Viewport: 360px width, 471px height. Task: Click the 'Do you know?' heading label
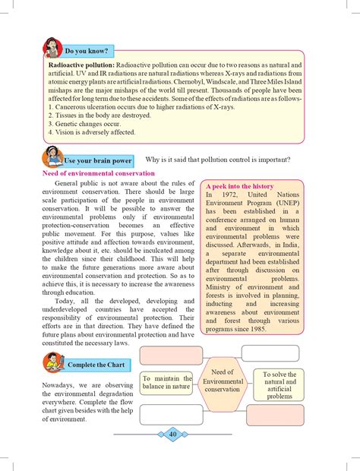[87, 51]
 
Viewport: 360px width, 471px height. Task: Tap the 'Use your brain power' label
[98, 161]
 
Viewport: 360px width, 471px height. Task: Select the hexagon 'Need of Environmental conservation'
[222, 385]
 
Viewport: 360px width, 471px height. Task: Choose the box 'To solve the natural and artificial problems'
[279, 385]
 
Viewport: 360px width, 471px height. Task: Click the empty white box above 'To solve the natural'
[270, 353]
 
